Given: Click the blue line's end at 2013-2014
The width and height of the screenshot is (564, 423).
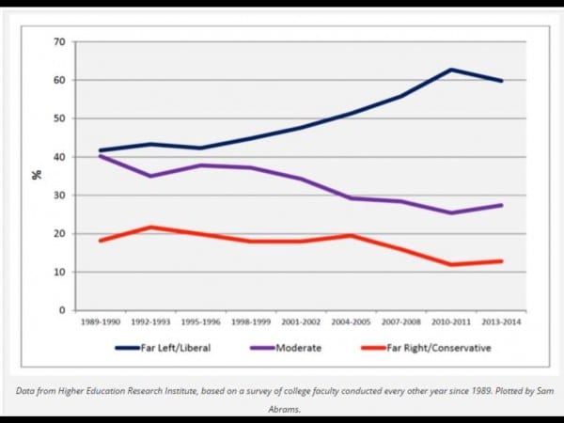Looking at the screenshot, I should pos(502,81).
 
